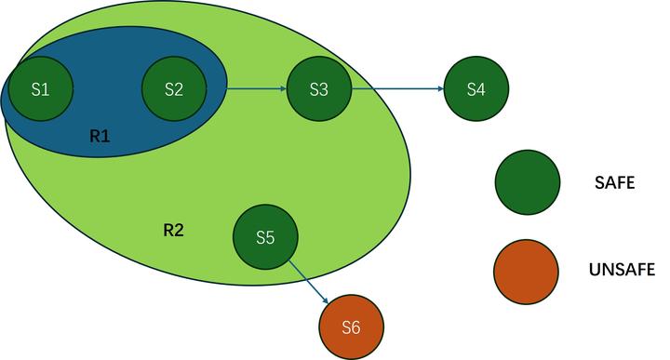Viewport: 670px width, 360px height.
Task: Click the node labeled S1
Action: [x=40, y=89]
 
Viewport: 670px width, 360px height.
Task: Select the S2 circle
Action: [x=174, y=89]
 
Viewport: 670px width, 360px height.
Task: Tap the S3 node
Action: [x=319, y=89]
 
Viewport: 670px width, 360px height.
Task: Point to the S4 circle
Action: [x=477, y=89]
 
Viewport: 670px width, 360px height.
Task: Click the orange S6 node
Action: [x=351, y=327]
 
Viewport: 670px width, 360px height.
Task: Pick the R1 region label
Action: [x=100, y=136]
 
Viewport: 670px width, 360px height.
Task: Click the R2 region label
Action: [x=173, y=228]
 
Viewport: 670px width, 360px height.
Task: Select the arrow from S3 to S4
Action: [x=398, y=89]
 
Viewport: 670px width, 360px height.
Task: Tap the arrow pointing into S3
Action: [x=255, y=89]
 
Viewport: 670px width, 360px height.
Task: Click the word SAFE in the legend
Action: [x=614, y=184]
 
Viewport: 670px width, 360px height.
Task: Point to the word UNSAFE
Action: [x=623, y=271]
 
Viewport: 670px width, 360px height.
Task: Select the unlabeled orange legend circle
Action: [x=528, y=271]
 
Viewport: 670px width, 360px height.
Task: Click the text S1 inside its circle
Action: [x=40, y=89]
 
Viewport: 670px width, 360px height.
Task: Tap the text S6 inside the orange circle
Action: [x=351, y=327]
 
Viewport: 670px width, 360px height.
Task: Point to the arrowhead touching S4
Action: [x=440, y=89]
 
